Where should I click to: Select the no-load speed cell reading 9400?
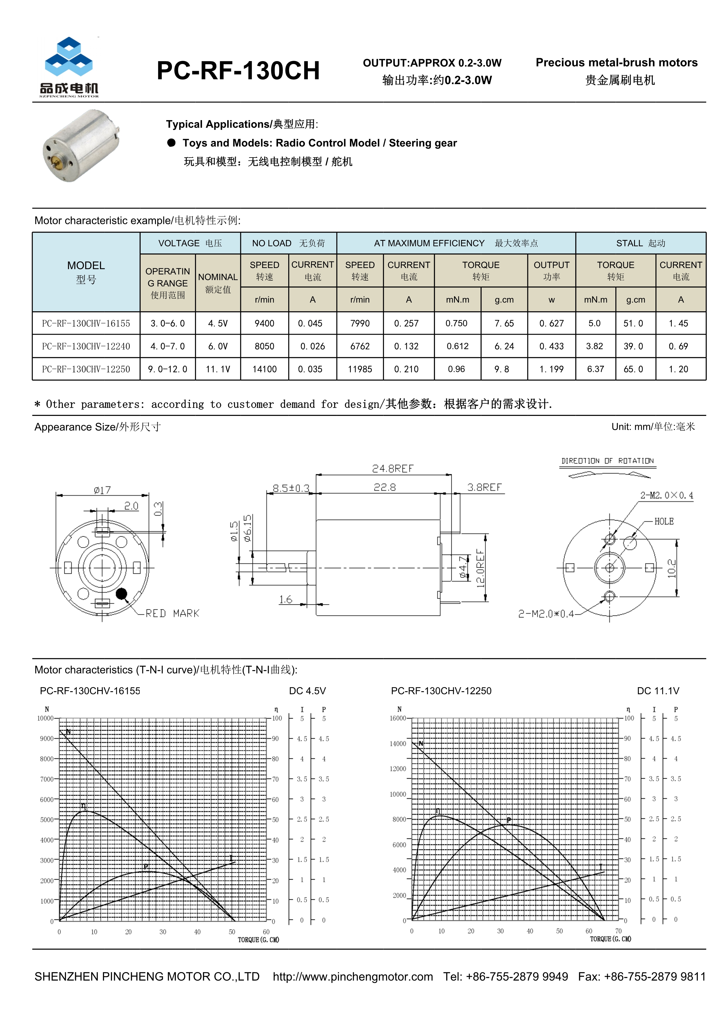pos(264,323)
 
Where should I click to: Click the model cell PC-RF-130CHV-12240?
pos(86,346)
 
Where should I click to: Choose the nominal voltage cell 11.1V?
pos(218,369)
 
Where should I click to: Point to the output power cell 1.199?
pos(551,369)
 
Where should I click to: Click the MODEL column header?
pos(86,272)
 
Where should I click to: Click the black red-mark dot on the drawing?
pos(121,594)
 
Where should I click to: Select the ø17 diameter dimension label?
pos(102,490)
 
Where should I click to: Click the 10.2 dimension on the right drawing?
pos(672,568)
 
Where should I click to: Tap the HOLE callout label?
pos(664,521)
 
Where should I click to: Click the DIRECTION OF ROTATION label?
pos(607,461)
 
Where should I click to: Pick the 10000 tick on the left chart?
pos(45,718)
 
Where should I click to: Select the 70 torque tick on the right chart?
pos(618,931)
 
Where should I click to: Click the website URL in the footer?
pos(353,977)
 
